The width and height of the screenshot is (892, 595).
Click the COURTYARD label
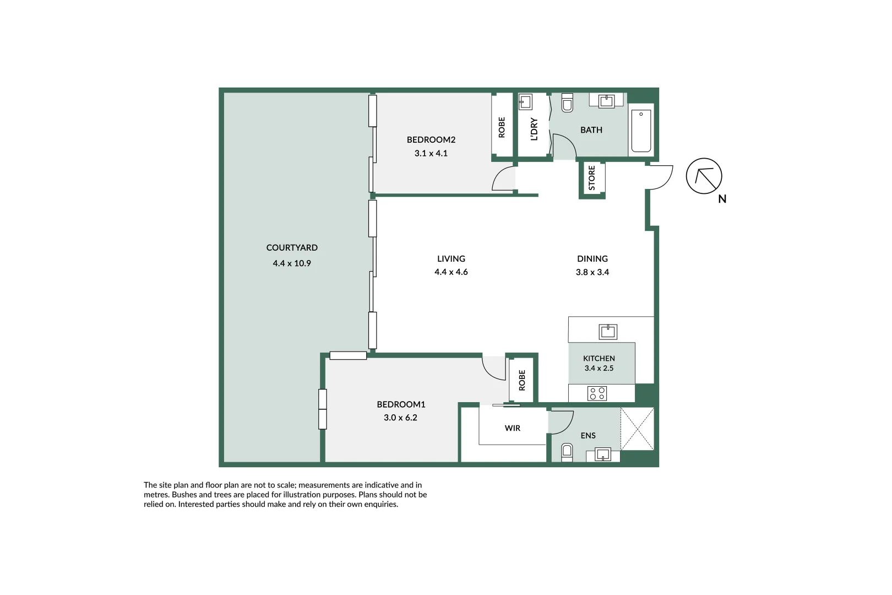(x=292, y=248)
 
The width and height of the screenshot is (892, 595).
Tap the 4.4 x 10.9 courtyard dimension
(x=292, y=263)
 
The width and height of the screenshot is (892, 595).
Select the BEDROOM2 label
(x=431, y=140)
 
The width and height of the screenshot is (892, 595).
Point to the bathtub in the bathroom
(x=641, y=131)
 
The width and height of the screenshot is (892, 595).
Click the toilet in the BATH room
(x=567, y=103)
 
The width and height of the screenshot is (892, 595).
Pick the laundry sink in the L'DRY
(x=525, y=102)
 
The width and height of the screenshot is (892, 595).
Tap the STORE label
(x=592, y=178)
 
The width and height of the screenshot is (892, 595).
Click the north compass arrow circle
(x=704, y=176)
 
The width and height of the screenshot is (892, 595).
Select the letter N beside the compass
(x=722, y=199)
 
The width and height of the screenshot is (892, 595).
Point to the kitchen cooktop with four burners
(x=597, y=393)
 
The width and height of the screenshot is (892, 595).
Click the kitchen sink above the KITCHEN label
(x=608, y=331)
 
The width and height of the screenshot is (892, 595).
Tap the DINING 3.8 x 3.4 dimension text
(x=592, y=272)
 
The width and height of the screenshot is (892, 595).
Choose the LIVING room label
(x=451, y=259)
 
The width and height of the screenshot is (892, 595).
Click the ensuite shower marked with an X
(x=637, y=429)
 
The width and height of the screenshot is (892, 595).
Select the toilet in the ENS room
(x=567, y=452)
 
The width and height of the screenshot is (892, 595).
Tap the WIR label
(x=513, y=428)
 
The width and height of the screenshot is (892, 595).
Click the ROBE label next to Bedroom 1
(x=522, y=380)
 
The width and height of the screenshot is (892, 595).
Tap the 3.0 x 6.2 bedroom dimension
(x=400, y=418)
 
